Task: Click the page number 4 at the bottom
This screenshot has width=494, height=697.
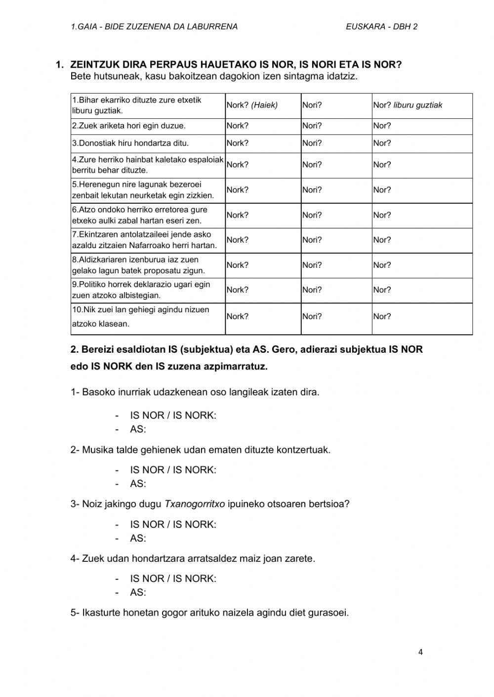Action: point(420,652)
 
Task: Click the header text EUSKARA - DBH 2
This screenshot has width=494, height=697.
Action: point(381,27)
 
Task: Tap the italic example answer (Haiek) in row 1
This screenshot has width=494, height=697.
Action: point(264,105)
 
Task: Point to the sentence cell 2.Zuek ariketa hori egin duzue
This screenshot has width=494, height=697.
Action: point(129,126)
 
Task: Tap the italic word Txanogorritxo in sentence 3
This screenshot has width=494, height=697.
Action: point(195,504)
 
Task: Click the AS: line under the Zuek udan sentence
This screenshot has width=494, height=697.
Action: point(138,592)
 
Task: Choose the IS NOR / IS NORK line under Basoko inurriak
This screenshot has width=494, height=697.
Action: point(173,415)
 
